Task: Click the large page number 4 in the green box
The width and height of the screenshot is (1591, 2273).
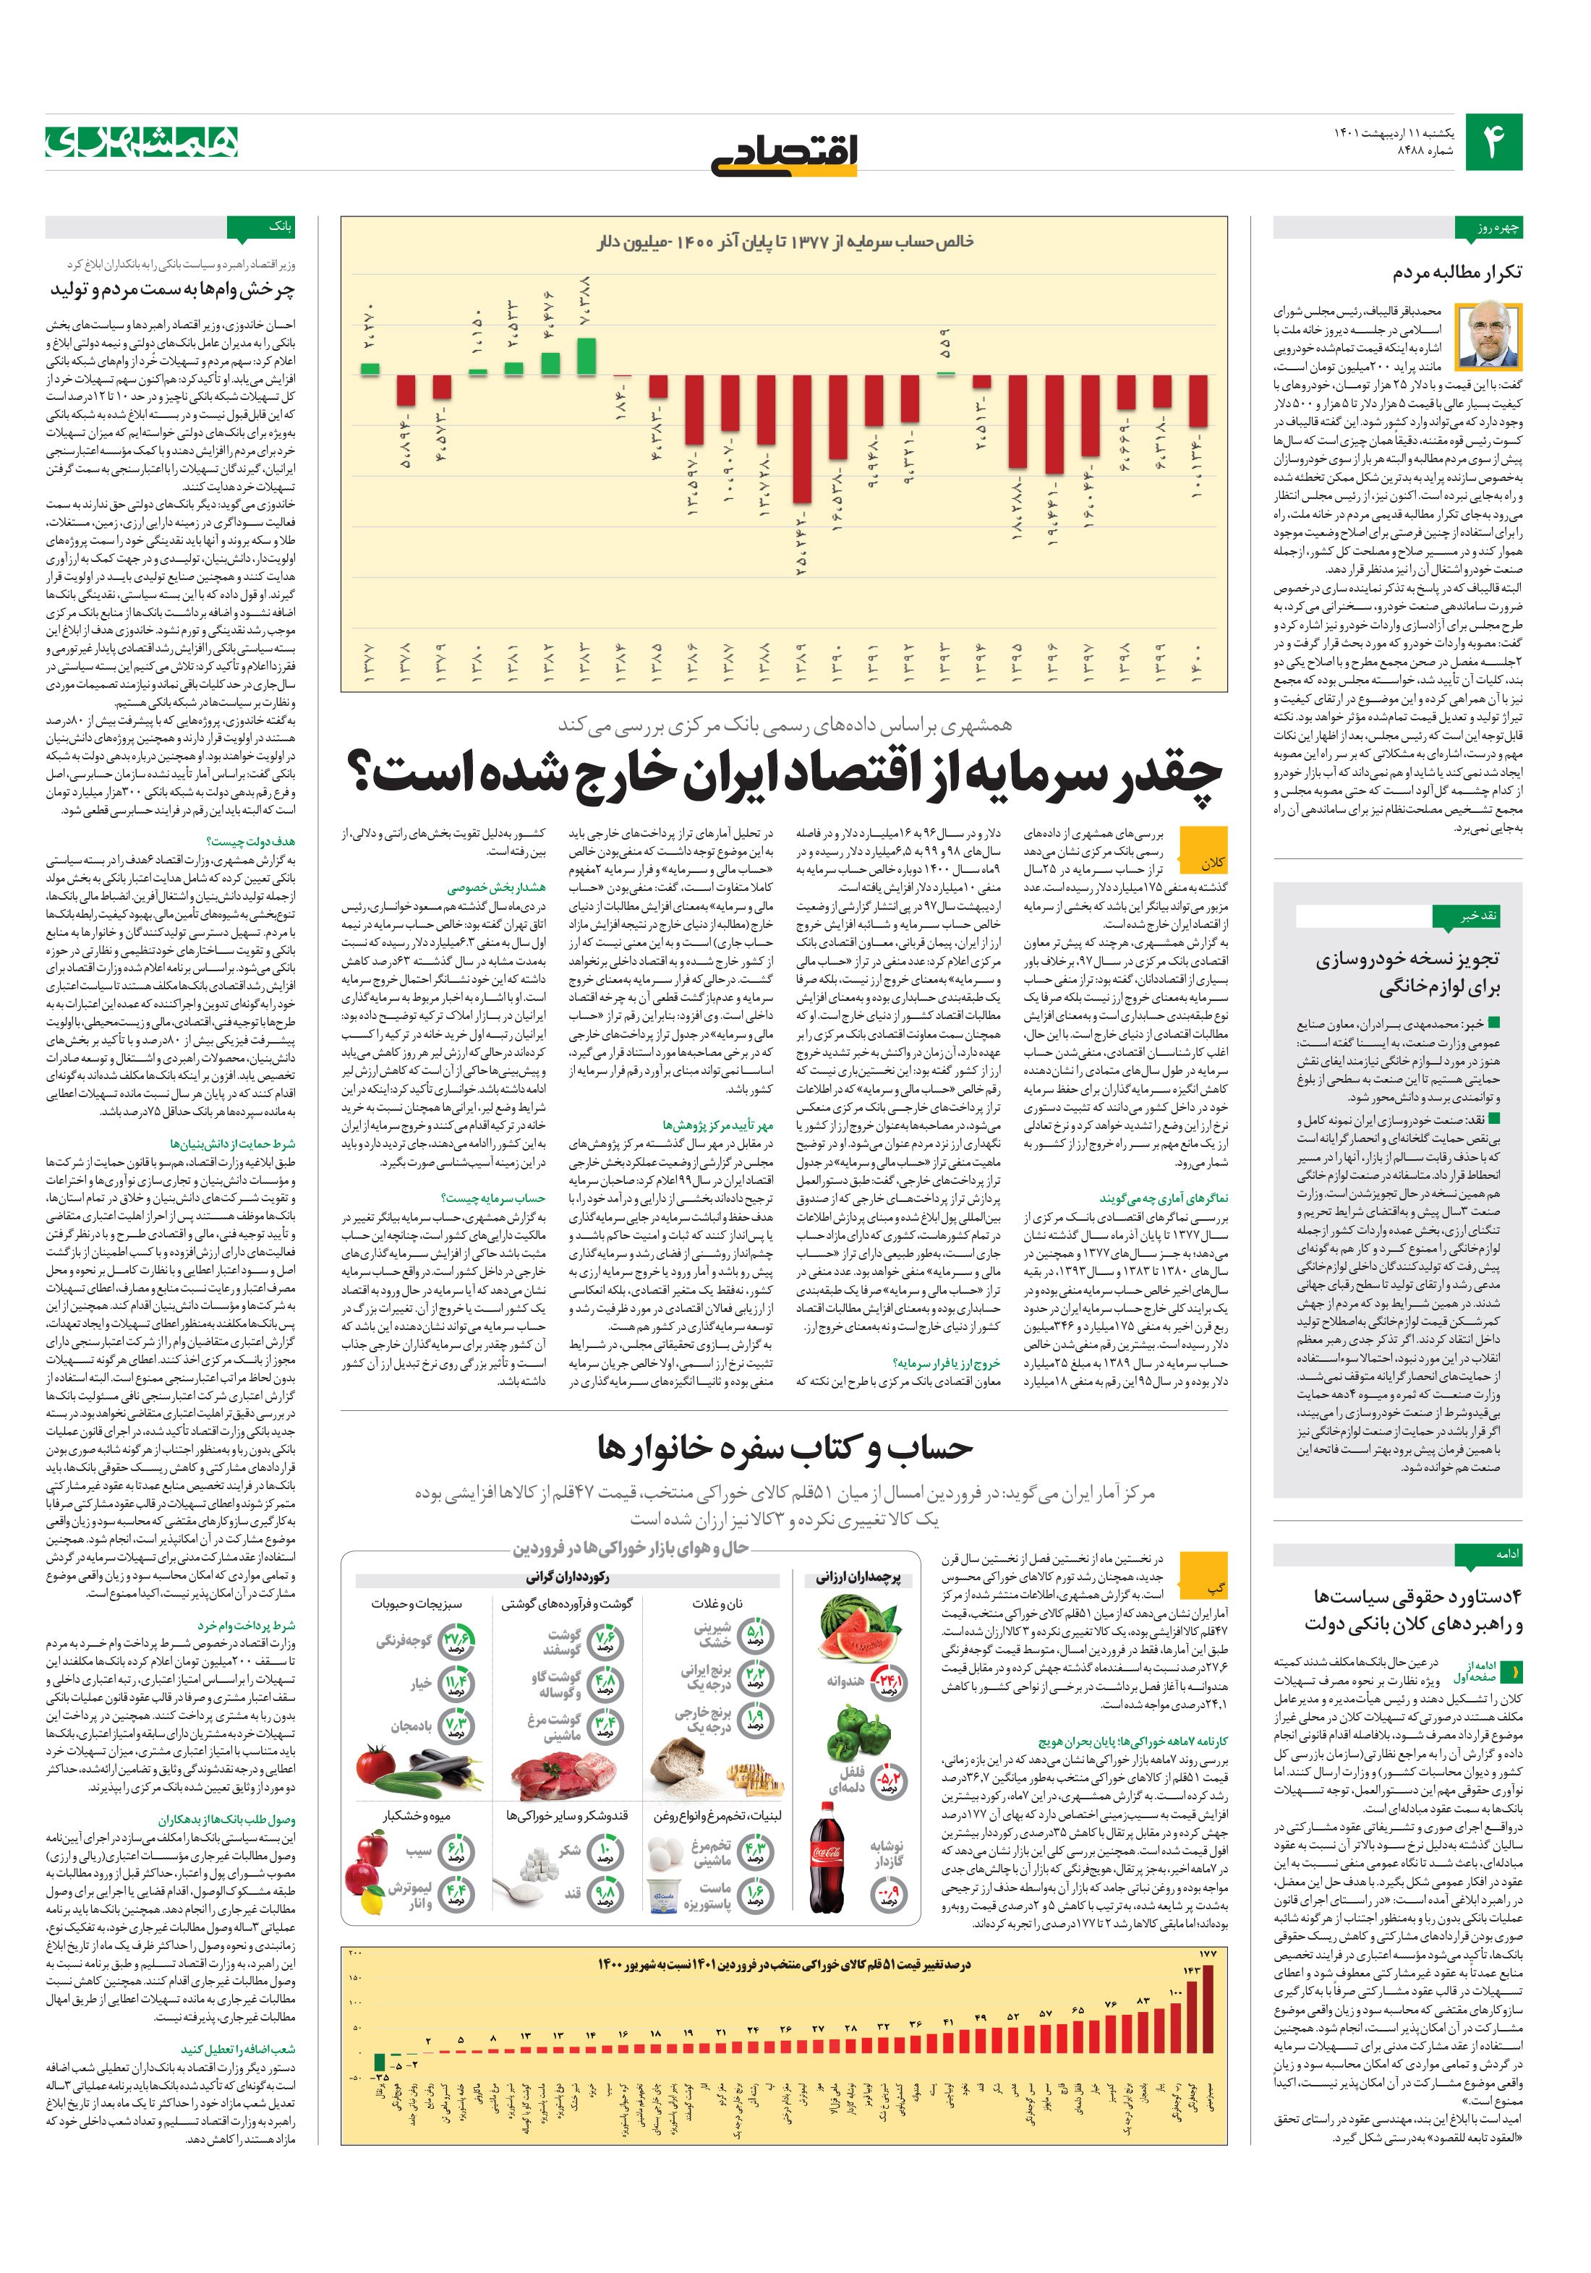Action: [1494, 142]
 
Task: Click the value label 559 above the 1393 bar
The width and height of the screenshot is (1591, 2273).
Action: [944, 344]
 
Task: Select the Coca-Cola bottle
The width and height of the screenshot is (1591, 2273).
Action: [827, 1862]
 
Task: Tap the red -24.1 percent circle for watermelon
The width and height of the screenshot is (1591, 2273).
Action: [888, 1680]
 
